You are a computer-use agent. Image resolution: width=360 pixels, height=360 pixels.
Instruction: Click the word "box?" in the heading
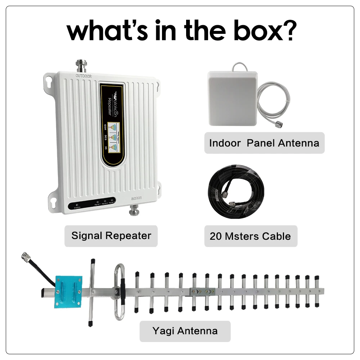click(264, 31)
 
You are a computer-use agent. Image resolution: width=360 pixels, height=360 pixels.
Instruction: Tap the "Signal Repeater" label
click(111, 236)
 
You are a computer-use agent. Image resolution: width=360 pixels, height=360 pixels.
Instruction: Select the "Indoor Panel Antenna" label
click(264, 143)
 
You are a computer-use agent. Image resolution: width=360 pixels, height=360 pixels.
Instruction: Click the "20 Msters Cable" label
click(251, 236)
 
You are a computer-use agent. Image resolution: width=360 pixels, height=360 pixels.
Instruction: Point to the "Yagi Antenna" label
click(185, 330)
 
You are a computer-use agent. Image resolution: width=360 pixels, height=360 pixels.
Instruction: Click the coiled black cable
click(237, 195)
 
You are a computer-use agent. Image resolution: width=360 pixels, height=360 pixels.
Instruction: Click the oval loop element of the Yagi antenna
click(120, 292)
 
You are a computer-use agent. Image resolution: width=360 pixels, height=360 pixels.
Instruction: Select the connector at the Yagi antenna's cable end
click(26, 256)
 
